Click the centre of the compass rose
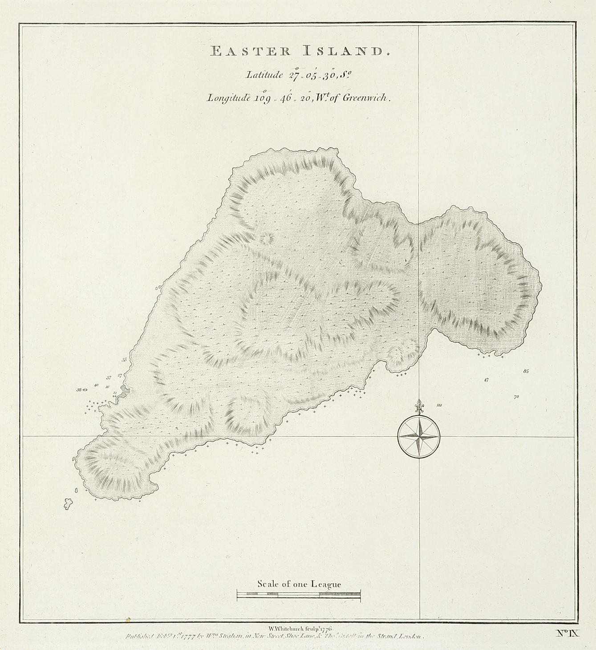(x=418, y=436)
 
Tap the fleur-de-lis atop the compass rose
(x=418, y=406)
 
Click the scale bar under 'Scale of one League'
(x=299, y=595)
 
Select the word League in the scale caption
(x=325, y=584)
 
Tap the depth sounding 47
(x=486, y=380)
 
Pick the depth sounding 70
(x=516, y=397)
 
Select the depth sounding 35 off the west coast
(x=124, y=360)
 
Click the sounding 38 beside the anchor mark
(x=79, y=390)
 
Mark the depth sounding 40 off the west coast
(x=96, y=385)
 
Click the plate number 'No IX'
(x=568, y=633)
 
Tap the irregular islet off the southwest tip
(x=68, y=504)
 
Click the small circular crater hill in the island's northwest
(x=267, y=239)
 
